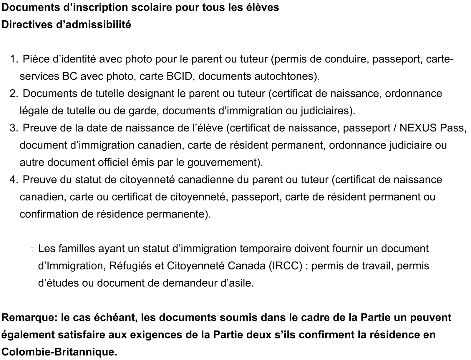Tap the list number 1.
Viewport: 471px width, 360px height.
click(x=13, y=59)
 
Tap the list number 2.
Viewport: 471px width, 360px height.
click(x=13, y=94)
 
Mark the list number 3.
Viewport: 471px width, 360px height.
click(x=13, y=128)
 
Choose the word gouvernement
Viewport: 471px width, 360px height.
click(x=223, y=163)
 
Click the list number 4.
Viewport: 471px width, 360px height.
click(x=13, y=180)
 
